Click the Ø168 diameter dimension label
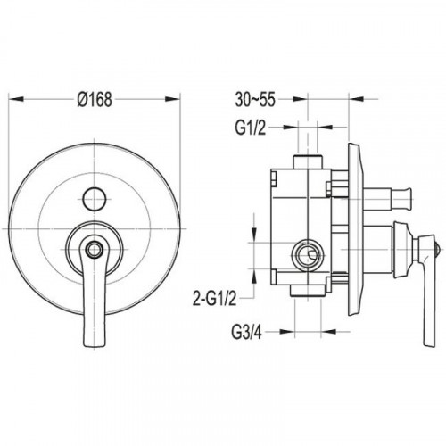95,99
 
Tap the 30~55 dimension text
255,99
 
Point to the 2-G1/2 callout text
215,298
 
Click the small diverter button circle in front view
95,199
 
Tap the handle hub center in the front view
95,248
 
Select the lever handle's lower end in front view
95,342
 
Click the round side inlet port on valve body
307,254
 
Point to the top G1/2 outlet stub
308,162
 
